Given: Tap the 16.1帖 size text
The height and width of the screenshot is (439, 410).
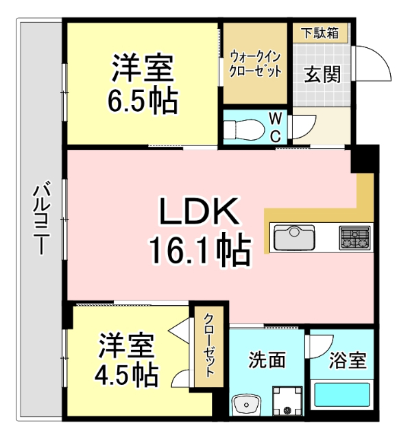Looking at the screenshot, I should point(199,250).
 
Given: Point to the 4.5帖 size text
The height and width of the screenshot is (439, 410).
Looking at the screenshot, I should point(128,374).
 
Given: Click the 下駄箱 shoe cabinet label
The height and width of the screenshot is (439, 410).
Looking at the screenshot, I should point(321,33).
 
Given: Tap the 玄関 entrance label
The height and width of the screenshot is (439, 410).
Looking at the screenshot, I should point(322,74).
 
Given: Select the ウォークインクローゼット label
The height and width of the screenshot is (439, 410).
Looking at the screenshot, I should point(255,64).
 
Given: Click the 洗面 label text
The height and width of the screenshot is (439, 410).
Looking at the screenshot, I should point(267,359).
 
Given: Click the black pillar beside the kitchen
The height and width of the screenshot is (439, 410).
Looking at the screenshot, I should point(363,160).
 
